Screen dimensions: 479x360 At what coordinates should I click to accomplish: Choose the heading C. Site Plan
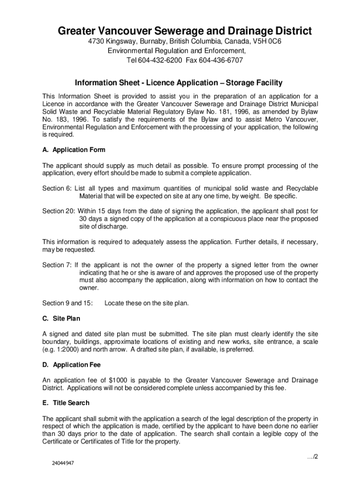pos(61,319)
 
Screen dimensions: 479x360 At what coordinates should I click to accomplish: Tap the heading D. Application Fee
pos(72,364)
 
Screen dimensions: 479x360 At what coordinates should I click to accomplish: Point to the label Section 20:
pos(59,211)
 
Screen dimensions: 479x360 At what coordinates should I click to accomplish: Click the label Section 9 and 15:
pos(68,303)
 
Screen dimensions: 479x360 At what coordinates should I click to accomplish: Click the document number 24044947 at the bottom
pos(63,464)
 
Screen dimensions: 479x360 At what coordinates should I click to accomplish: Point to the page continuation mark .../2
pos(312,457)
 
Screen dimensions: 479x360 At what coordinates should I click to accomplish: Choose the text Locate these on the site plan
pos(147,303)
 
